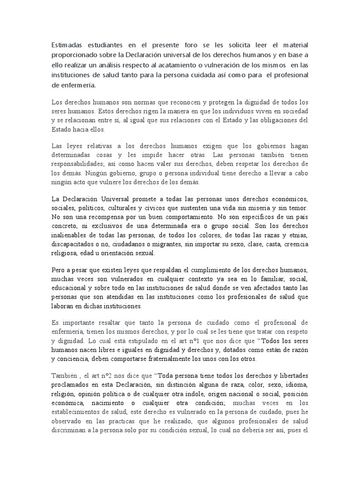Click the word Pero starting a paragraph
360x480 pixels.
tap(58, 271)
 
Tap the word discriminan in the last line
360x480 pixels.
tap(72, 430)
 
